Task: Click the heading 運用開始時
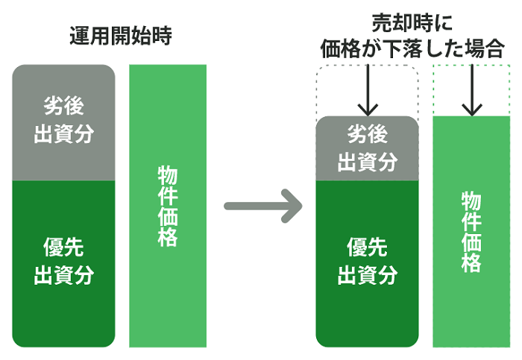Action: pos(121,36)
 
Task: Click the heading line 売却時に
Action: pos(412,23)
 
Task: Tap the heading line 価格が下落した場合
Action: pos(412,48)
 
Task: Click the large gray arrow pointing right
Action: pos(263,206)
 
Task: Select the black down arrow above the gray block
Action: pos(368,90)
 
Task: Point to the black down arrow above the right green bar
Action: pos(472,90)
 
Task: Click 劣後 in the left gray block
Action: pos(63,106)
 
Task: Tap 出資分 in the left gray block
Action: pos(63,133)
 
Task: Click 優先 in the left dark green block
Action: pos(63,247)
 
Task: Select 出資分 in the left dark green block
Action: pos(63,275)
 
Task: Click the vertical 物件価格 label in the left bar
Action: pos(168,206)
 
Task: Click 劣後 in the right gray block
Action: pos(367,134)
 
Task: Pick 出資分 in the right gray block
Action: pos(367,162)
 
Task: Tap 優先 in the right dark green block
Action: pos(367,247)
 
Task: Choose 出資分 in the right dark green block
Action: pos(367,275)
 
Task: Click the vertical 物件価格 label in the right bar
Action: pos(471,232)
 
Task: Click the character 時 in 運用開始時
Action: pos(162,36)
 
